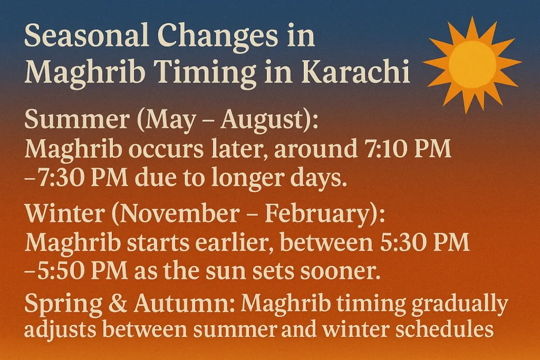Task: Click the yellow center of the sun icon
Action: click(x=472, y=64)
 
